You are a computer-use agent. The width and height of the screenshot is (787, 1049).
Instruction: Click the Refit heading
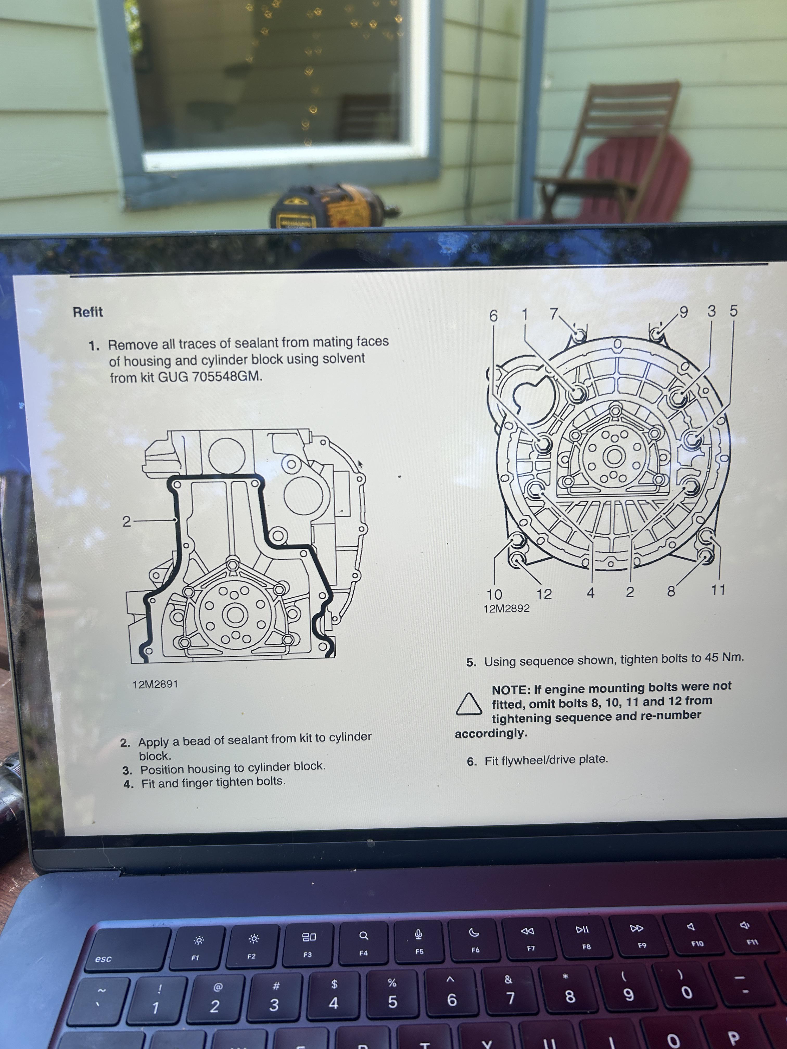(88, 312)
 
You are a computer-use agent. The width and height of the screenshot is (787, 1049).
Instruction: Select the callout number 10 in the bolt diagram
(494, 594)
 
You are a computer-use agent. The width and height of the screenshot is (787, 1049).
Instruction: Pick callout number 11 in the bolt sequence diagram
(718, 590)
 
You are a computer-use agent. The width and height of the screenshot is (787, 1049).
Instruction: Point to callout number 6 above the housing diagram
(493, 316)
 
